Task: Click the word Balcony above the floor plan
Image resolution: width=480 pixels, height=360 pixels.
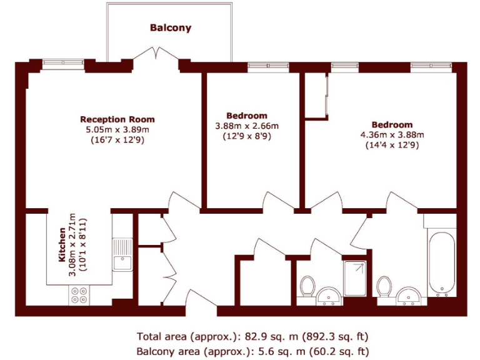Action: pos(170,28)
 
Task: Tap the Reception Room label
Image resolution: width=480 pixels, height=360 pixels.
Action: pos(117,119)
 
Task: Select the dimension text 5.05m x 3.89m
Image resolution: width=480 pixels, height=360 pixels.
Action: pos(117,129)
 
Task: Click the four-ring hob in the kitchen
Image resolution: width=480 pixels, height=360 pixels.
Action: pos(79,295)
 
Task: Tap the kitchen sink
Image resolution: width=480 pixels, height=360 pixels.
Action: pos(122,255)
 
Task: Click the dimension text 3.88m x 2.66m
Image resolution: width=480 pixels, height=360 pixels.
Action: pos(247,126)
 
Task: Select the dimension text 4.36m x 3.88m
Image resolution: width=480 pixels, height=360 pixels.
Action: pos(392,134)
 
